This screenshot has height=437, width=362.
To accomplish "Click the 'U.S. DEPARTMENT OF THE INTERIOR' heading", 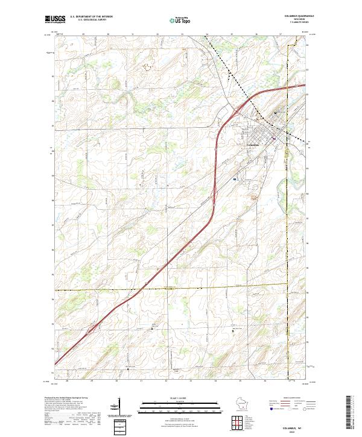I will click(91, 17).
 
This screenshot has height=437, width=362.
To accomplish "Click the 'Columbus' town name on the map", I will click(253, 145).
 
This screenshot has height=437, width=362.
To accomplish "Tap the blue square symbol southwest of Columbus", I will click(234, 179).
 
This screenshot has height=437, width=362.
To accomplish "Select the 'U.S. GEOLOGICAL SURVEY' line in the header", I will click(91, 20).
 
